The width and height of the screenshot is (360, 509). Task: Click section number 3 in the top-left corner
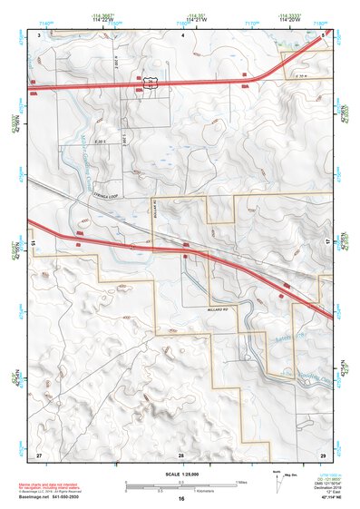tap(39, 34)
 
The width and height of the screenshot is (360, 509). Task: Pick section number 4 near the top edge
tap(181, 34)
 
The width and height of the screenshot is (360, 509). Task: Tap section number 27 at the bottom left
tap(39, 452)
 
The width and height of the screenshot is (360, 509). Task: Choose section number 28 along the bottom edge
tap(181, 453)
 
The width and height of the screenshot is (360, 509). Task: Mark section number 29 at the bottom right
tap(322, 452)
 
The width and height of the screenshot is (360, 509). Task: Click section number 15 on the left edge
tap(34, 243)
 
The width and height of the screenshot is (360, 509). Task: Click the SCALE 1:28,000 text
tap(181, 475)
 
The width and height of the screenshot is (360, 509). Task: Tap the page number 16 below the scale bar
tap(181, 499)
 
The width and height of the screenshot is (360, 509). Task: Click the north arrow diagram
tap(276, 476)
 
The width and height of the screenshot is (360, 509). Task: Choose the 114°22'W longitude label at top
tap(102, 19)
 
